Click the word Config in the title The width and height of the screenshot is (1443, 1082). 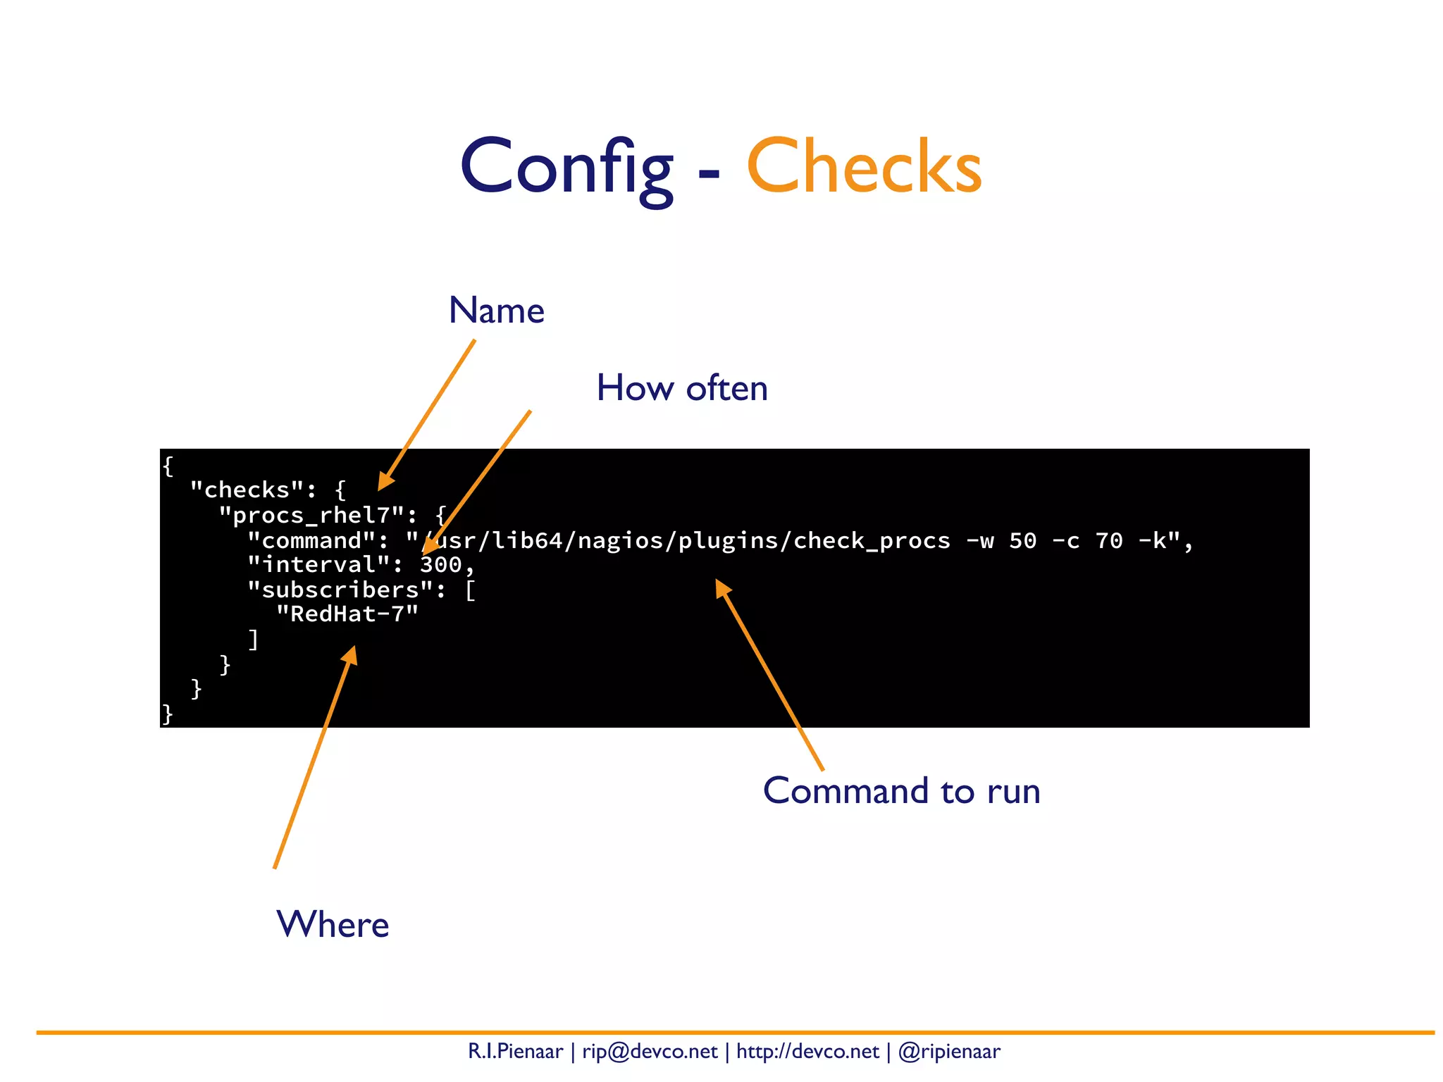coord(566,168)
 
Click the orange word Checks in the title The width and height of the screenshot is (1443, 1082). coord(864,168)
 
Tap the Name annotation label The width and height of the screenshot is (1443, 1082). coord(497,311)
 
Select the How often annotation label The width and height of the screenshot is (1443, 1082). coord(682,388)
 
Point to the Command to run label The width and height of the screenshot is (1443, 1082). coord(901,791)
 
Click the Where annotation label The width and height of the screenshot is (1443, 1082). coord(333,924)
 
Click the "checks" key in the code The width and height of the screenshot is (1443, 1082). coord(247,490)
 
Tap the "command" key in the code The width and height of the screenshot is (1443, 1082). coord(311,541)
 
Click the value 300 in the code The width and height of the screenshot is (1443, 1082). coord(441,565)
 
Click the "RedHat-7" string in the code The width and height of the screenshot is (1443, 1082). coord(347,614)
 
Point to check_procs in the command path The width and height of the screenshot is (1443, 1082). coord(872,541)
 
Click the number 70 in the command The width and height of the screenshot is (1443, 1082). coord(1109,541)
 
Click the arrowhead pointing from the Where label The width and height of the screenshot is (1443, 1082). coord(350,656)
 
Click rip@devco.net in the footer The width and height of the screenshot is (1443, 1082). coord(650,1052)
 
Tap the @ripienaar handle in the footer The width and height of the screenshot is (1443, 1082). coord(949,1052)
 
